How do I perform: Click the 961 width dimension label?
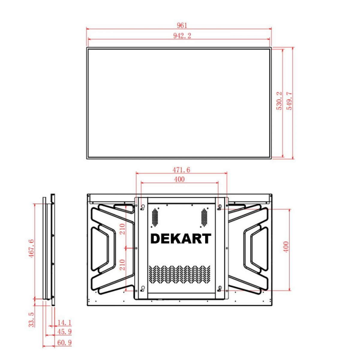[181, 25]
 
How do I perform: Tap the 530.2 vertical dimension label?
[279, 101]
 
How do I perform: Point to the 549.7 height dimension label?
[289, 101]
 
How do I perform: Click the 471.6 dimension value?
[181, 170]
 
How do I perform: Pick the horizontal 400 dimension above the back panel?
[179, 179]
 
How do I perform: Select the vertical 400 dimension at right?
[286, 247]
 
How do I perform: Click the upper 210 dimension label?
[122, 229]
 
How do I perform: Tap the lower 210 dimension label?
[122, 265]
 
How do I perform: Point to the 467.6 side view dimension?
[31, 248]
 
